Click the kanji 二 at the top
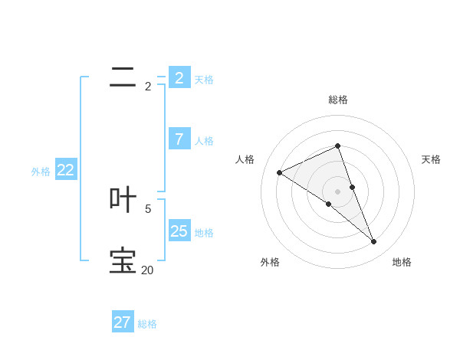tap(123, 77)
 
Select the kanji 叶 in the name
tap(123, 199)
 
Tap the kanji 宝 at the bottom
tap(123, 260)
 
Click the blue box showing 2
tap(179, 77)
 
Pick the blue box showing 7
tap(179, 139)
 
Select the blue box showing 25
tap(179, 231)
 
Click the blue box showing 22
tap(66, 170)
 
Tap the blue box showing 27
tap(123, 322)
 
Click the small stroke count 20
tap(147, 270)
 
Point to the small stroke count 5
tap(148, 208)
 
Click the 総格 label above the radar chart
tap(338, 100)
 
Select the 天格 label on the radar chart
tap(431, 159)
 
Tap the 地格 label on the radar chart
tap(402, 262)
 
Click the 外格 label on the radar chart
tap(270, 262)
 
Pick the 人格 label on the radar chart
tap(245, 159)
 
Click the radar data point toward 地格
tap(374, 242)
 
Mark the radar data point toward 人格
tap(280, 172)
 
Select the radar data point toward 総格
tap(337, 146)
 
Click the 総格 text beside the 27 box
tap(147, 324)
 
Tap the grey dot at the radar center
tap(337, 191)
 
